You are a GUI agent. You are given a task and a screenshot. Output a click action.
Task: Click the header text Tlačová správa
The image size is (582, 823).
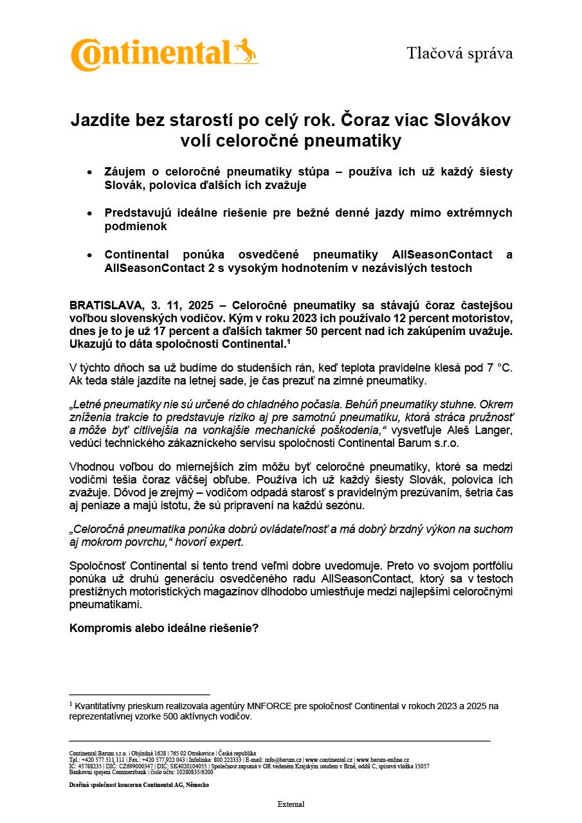coord(459,53)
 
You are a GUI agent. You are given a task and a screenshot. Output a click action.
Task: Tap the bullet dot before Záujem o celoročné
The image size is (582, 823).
coord(89,172)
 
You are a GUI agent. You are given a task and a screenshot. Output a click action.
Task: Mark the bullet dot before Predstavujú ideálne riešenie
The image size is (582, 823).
coord(89,213)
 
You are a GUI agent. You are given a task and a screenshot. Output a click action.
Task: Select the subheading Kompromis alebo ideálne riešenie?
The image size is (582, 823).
coord(164,628)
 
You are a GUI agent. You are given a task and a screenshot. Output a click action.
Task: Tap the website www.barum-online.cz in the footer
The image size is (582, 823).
coord(383,760)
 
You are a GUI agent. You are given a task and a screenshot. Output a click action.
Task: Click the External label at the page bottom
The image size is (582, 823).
coord(291,804)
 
